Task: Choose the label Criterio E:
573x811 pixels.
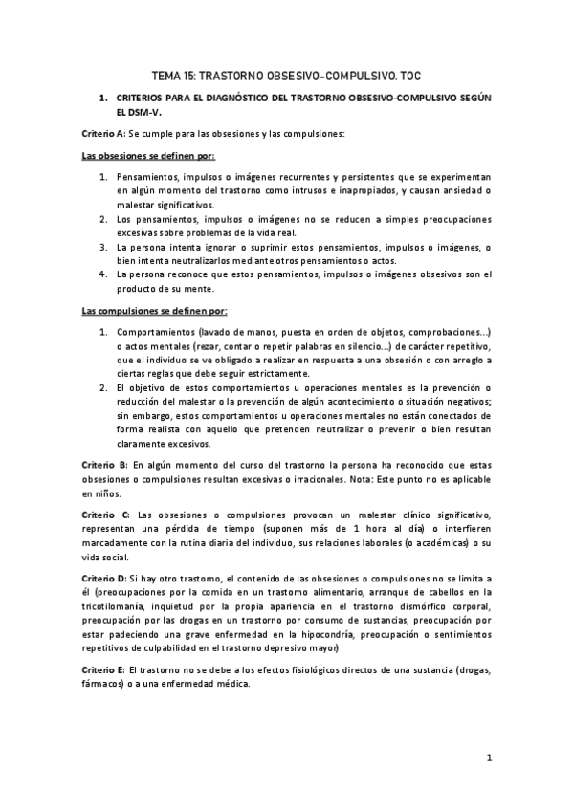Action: click(x=103, y=670)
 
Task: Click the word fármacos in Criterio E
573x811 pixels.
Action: click(x=105, y=685)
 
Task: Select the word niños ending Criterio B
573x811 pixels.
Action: click(x=106, y=493)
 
